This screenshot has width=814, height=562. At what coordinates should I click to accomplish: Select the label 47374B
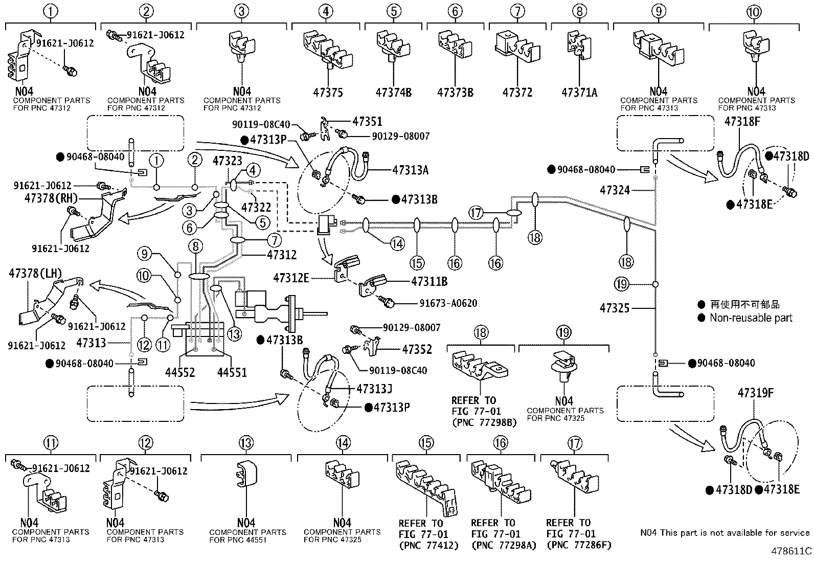pos(393,93)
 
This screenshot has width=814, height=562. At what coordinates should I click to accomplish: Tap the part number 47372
pos(517,93)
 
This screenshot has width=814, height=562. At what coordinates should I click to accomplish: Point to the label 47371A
pos(579,93)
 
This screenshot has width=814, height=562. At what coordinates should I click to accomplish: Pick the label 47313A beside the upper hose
pos(410,170)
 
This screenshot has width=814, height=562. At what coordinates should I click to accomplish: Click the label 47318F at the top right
pos(742,122)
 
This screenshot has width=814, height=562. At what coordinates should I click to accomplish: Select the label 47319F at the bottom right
pos(755,393)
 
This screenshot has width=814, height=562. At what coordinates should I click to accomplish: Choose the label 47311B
pos(429,281)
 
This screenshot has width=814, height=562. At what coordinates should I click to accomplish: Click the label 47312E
pos(291,278)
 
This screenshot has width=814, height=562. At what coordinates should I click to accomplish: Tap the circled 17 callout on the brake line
pos(476,213)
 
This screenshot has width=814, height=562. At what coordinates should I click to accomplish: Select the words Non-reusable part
pos(751,318)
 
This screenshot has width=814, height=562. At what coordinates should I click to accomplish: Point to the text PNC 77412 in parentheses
pos(428,545)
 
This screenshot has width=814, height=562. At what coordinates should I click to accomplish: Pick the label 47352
pos(417,349)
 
